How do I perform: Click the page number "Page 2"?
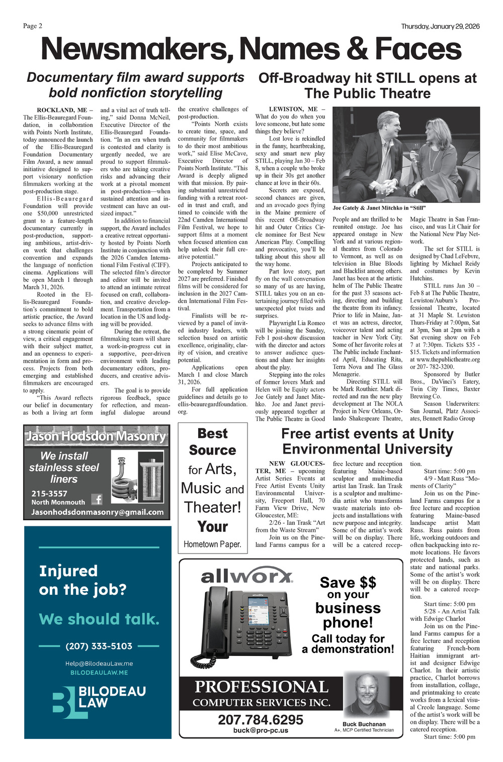tap(33, 26)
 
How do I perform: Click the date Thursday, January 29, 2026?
tap(440, 27)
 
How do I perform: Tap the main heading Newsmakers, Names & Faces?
tap(251, 49)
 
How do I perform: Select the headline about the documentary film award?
tap(135, 85)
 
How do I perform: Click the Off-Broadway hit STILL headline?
tap(367, 86)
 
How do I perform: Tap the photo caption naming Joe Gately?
tap(379, 208)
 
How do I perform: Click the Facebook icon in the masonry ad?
tap(97, 499)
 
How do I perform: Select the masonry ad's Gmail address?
tap(97, 512)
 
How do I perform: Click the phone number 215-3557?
tap(49, 494)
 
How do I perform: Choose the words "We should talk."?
tap(99, 619)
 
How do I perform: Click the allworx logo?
tap(246, 577)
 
